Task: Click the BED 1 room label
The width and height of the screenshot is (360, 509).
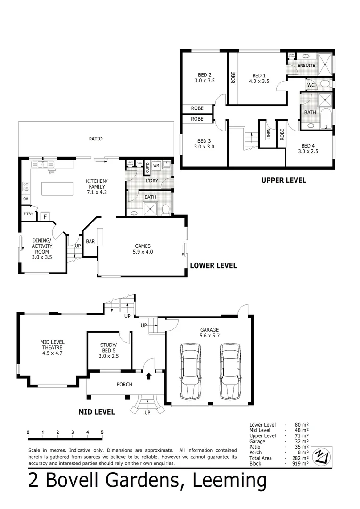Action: click(x=259, y=78)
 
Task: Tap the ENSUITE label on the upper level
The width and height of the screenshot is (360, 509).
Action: click(x=306, y=66)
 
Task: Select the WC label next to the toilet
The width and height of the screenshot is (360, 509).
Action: click(x=311, y=85)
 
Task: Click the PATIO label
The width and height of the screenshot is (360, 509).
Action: click(x=96, y=139)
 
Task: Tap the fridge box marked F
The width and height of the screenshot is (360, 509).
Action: click(x=45, y=216)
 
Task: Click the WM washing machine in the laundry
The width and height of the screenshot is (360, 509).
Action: click(x=156, y=166)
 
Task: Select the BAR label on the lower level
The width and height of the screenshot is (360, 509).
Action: click(x=90, y=242)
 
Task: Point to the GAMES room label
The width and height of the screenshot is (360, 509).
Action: click(x=143, y=248)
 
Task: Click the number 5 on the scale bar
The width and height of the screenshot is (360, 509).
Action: click(x=102, y=432)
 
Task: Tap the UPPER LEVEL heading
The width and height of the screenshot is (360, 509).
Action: click(x=284, y=180)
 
